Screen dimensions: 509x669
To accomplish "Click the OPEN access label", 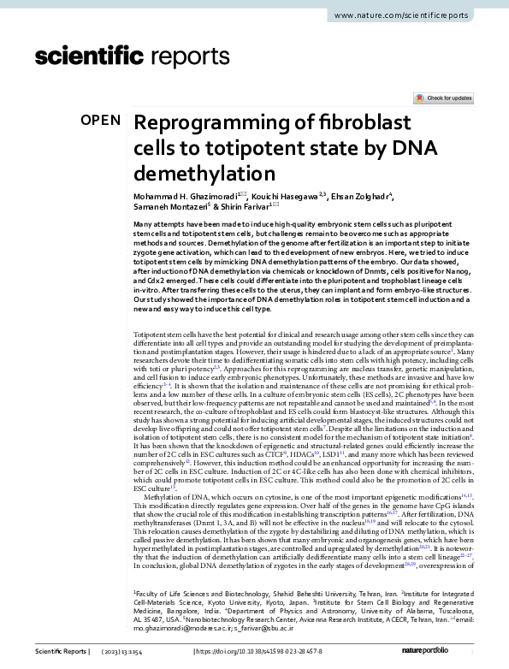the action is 100,121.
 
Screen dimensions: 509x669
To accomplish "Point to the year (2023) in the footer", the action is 114,653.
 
